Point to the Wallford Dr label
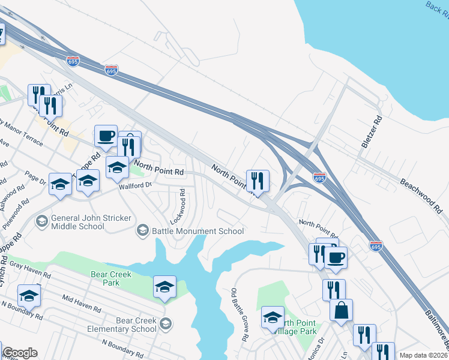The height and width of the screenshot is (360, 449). pyautogui.click(x=136, y=186)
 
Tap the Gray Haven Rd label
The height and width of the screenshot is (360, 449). pyautogui.click(x=29, y=269)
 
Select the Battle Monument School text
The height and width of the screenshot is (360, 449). pyautogui.click(x=197, y=231)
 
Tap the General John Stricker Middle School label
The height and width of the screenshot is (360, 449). pyautogui.click(x=77, y=222)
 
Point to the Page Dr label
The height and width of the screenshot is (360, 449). pyautogui.click(x=35, y=178)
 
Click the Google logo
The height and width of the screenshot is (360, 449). pyautogui.click(x=19, y=353)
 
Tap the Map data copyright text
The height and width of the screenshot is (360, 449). pyautogui.click(x=423, y=355)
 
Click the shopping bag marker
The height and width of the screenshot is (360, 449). pyautogui.click(x=341, y=310)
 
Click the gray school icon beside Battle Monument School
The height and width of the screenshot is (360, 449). pyautogui.click(x=143, y=230)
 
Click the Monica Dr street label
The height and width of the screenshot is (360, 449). pyautogui.click(x=315, y=347)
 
